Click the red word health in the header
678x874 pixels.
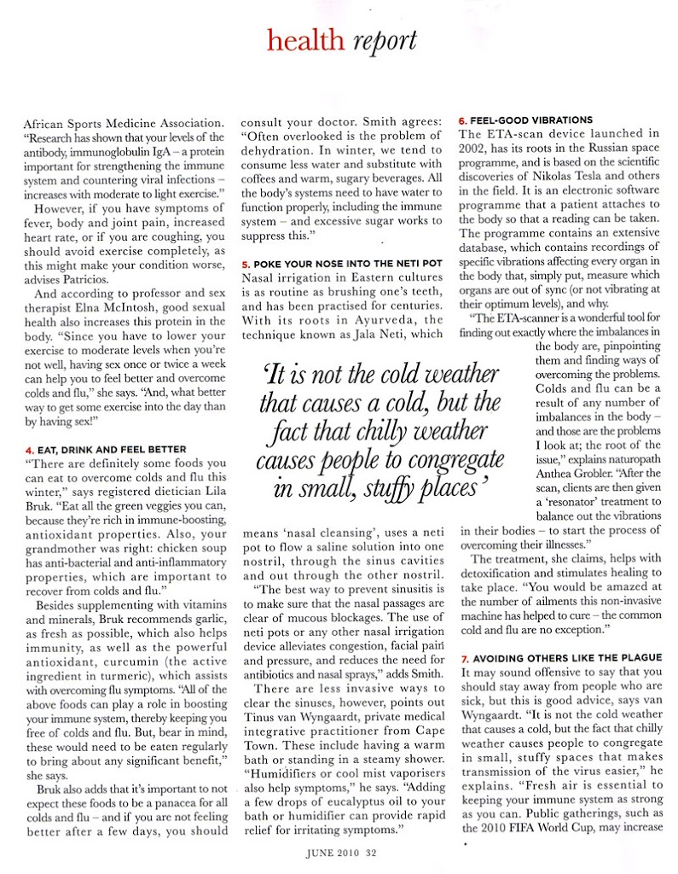pyautogui.click(x=304, y=40)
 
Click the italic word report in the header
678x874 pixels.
pyautogui.click(x=383, y=40)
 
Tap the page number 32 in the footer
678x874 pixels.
pyautogui.click(x=371, y=849)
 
